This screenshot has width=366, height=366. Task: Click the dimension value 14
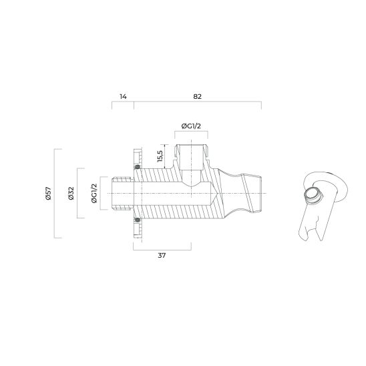coord(122,96)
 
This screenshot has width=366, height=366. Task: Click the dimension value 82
coord(197,96)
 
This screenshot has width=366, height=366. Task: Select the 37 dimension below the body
coord(162,256)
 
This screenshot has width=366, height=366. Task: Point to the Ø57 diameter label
coord(49,194)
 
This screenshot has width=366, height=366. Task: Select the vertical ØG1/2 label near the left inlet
coord(94,194)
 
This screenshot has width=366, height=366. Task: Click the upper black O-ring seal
coord(138,166)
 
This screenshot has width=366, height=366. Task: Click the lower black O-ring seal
coord(138,220)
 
